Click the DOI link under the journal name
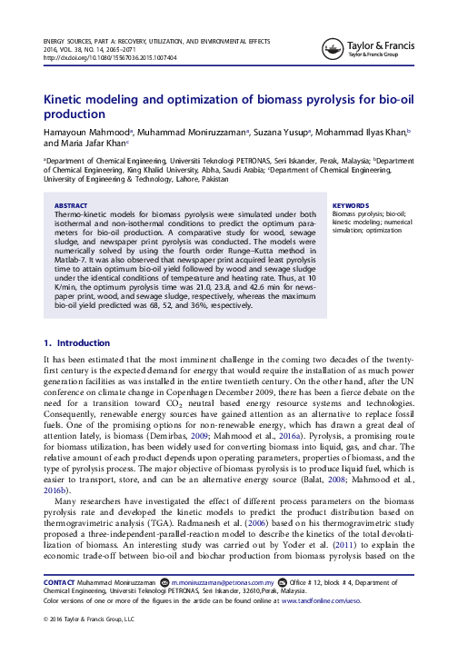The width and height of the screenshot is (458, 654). coord(110,56)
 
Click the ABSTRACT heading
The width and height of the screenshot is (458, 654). coord(73,205)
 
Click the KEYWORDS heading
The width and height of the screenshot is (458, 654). coord(352,205)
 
